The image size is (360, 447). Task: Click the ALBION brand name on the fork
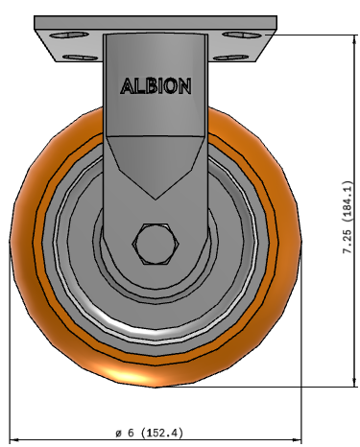156,85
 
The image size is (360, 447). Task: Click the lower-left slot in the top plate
75,55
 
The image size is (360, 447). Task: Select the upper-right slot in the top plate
237,37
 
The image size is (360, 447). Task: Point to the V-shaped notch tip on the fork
155,199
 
